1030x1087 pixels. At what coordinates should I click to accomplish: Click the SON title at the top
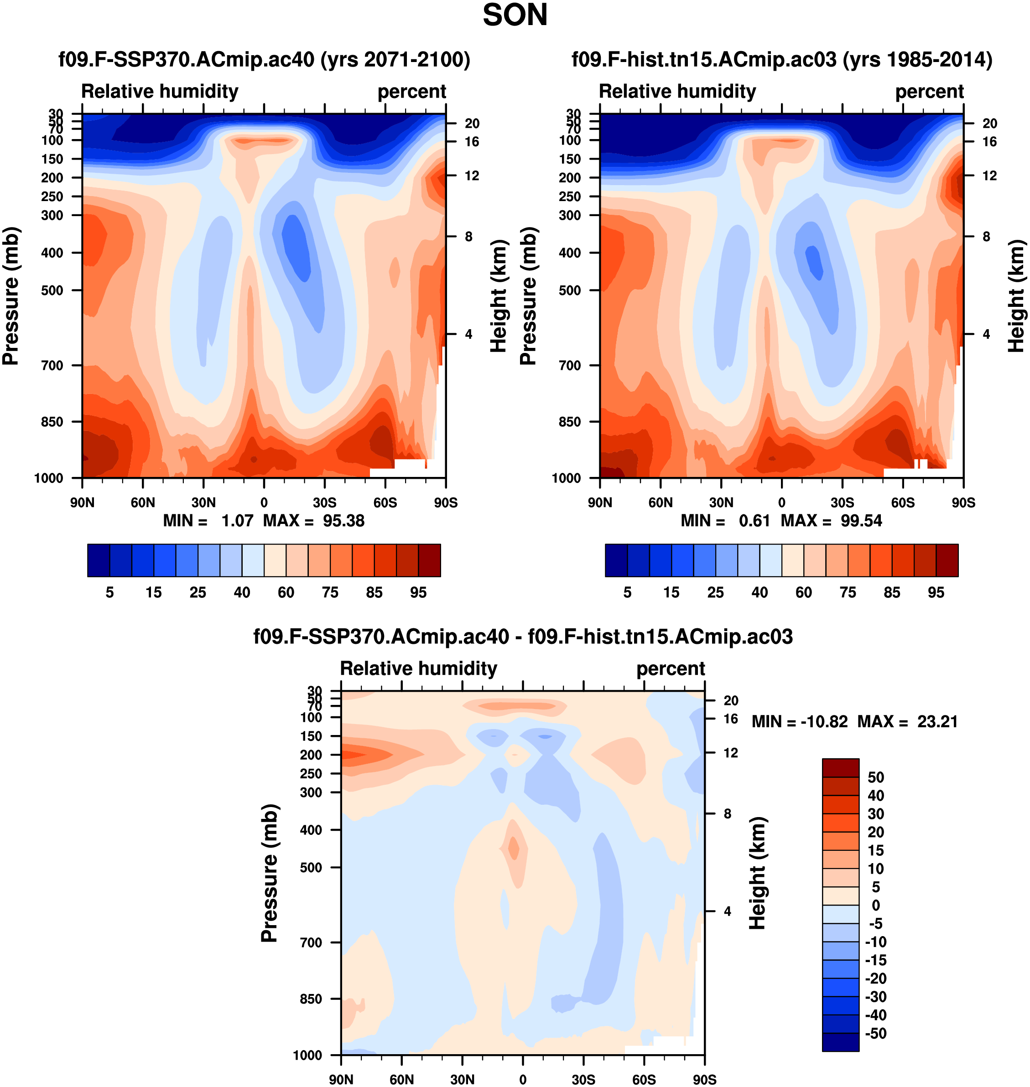click(515, 16)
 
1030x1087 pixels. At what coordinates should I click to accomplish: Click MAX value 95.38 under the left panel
click(343, 521)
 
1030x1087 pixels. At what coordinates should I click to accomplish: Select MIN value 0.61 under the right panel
click(754, 521)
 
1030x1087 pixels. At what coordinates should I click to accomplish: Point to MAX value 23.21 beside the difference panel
click(937, 722)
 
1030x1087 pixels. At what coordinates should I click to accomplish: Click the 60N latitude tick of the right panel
click(661, 502)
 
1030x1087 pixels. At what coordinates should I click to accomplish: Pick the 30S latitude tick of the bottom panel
click(583, 1079)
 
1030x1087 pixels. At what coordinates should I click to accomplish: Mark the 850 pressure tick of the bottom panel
click(311, 999)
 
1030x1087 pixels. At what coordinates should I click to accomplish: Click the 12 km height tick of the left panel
click(472, 176)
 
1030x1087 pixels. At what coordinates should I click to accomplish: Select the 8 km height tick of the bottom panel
click(728, 813)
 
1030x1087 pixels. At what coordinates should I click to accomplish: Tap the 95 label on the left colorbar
click(418, 593)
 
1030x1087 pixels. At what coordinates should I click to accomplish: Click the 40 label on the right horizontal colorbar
click(760, 593)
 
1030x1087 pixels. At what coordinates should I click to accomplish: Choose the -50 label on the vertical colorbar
click(875, 1033)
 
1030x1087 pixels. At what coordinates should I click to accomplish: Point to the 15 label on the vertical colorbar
click(875, 850)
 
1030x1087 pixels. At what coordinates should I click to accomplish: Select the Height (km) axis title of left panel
click(497, 296)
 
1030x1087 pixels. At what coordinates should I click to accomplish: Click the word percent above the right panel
click(929, 92)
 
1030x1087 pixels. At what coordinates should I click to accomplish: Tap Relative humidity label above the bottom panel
click(418, 668)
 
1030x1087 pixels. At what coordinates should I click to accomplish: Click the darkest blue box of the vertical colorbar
click(840, 1042)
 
